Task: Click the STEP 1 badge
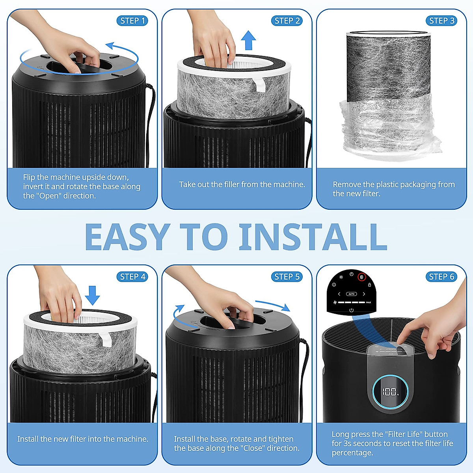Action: click(132, 20)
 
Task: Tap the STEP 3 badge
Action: click(441, 20)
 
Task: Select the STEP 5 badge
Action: click(287, 277)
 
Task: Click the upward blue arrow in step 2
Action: click(248, 40)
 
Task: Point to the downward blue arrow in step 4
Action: click(92, 296)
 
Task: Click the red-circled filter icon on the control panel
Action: click(361, 277)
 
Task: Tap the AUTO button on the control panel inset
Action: click(352, 294)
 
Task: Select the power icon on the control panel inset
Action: click(352, 310)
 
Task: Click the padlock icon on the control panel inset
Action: click(369, 285)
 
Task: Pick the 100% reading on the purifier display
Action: click(390, 391)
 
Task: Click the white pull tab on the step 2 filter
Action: click(259, 85)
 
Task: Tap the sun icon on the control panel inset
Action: click(341, 277)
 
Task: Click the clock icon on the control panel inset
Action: click(351, 274)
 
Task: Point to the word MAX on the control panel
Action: click(369, 302)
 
